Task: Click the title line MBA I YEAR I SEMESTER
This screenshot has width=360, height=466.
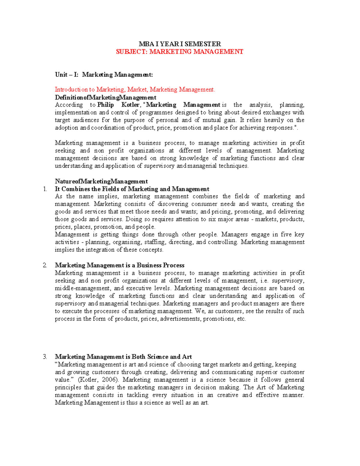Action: point(179,44)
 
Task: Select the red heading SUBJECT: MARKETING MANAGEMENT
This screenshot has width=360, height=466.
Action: point(179,52)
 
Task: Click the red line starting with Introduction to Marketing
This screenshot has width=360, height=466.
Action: point(135,89)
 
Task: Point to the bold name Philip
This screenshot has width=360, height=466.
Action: point(106,105)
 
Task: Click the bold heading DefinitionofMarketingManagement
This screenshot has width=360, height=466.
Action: point(105,97)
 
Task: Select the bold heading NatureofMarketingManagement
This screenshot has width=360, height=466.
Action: point(101,181)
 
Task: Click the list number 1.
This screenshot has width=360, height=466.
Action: point(45,189)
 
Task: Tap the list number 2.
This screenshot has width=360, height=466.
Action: point(45,265)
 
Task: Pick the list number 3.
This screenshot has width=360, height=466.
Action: point(45,357)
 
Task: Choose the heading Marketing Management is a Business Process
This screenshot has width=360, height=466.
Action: point(119,265)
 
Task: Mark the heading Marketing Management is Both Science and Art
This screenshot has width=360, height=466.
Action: point(123,357)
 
